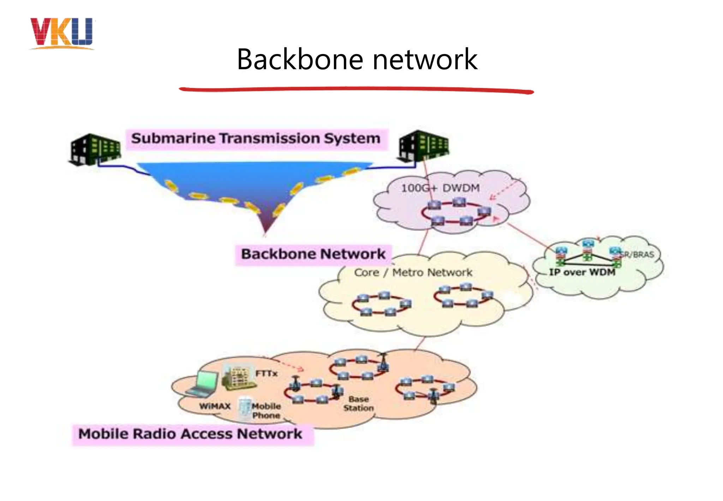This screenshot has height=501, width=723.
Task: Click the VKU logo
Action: (62, 33)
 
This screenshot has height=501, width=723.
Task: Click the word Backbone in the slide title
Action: (300, 59)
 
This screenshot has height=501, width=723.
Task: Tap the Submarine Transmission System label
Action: (256, 138)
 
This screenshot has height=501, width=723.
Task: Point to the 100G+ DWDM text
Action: (440, 188)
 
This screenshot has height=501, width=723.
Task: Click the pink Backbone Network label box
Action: (313, 254)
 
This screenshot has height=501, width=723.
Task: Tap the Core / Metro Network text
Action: (413, 272)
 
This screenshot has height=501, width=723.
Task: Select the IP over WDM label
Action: (582, 272)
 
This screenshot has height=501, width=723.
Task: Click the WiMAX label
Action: (215, 406)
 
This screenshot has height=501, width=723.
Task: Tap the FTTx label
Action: (267, 373)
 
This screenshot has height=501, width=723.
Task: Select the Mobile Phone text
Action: (266, 411)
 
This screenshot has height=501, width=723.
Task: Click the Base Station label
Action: (358, 403)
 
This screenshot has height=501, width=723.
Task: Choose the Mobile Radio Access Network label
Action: (191, 434)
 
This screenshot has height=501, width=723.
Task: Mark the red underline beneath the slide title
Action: (357, 90)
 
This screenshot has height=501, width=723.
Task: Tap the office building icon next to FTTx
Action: (239, 378)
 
